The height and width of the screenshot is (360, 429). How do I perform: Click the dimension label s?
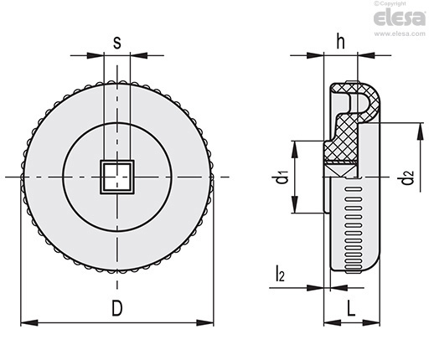(117, 44)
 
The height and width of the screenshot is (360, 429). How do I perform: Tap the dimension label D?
(117, 308)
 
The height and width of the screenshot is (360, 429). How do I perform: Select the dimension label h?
(340, 41)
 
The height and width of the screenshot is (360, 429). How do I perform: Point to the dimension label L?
(351, 308)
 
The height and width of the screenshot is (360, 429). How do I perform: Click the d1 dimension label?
(282, 178)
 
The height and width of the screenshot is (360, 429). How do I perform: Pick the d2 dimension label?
(407, 178)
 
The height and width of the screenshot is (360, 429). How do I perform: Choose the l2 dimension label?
(280, 274)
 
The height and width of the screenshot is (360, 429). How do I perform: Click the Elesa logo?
(400, 18)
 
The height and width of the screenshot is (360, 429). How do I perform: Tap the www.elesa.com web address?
(400, 33)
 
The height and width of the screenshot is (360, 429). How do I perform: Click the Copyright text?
(390, 3)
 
